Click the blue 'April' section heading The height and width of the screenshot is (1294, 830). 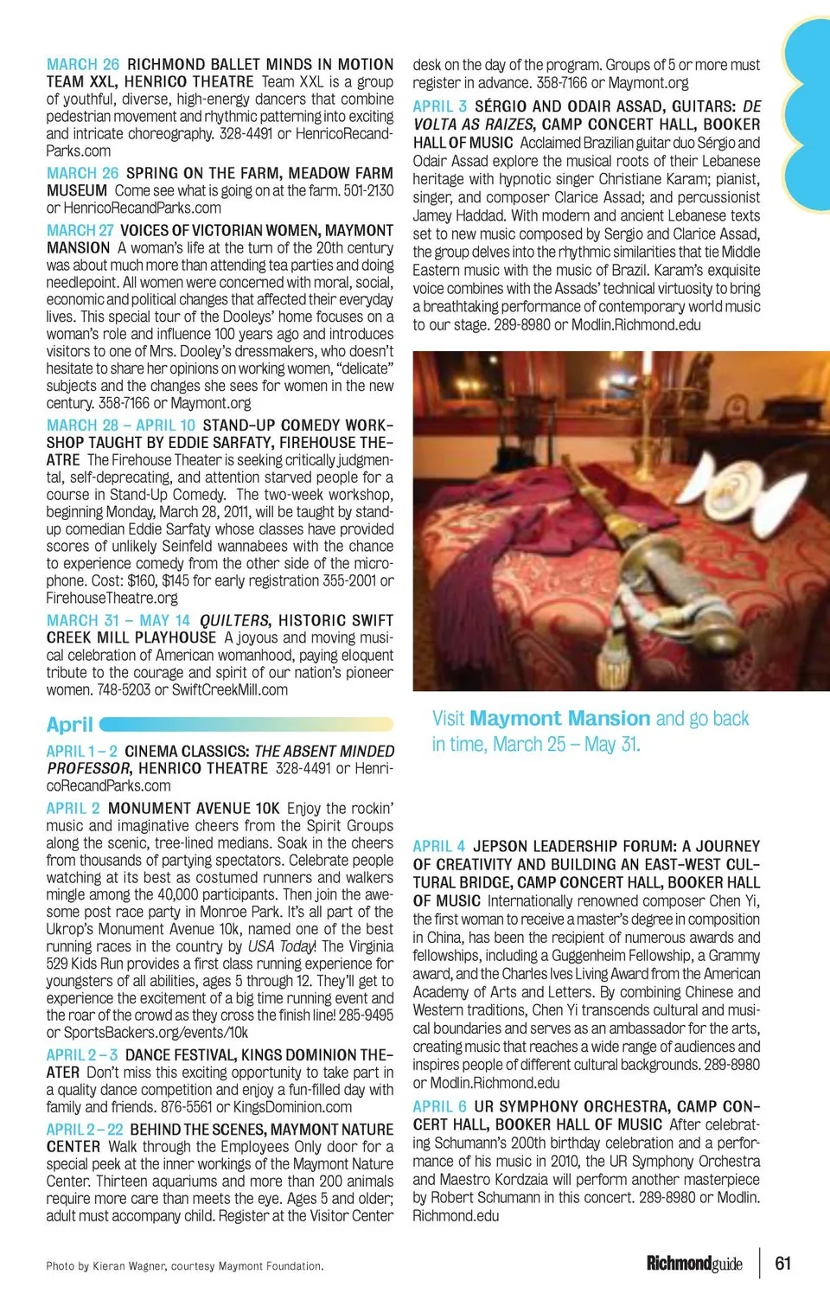click(70, 725)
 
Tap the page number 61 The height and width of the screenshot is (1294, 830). click(782, 1263)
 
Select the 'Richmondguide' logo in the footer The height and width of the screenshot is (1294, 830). click(694, 1264)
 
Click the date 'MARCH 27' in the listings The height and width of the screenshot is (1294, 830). click(80, 231)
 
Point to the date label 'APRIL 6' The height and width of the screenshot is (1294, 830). click(439, 1106)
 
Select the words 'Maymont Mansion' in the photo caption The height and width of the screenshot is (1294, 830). click(560, 719)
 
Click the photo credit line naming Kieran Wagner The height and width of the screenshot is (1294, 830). click(184, 1266)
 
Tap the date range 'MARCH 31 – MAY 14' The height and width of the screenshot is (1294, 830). click(118, 621)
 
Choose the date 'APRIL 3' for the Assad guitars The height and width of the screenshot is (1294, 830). click(439, 106)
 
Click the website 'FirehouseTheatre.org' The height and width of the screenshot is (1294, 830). click(112, 599)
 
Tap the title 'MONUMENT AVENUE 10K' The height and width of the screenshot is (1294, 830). click(194, 809)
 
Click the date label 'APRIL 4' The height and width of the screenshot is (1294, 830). click(439, 846)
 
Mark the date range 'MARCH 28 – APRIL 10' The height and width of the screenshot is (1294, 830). click(121, 426)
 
